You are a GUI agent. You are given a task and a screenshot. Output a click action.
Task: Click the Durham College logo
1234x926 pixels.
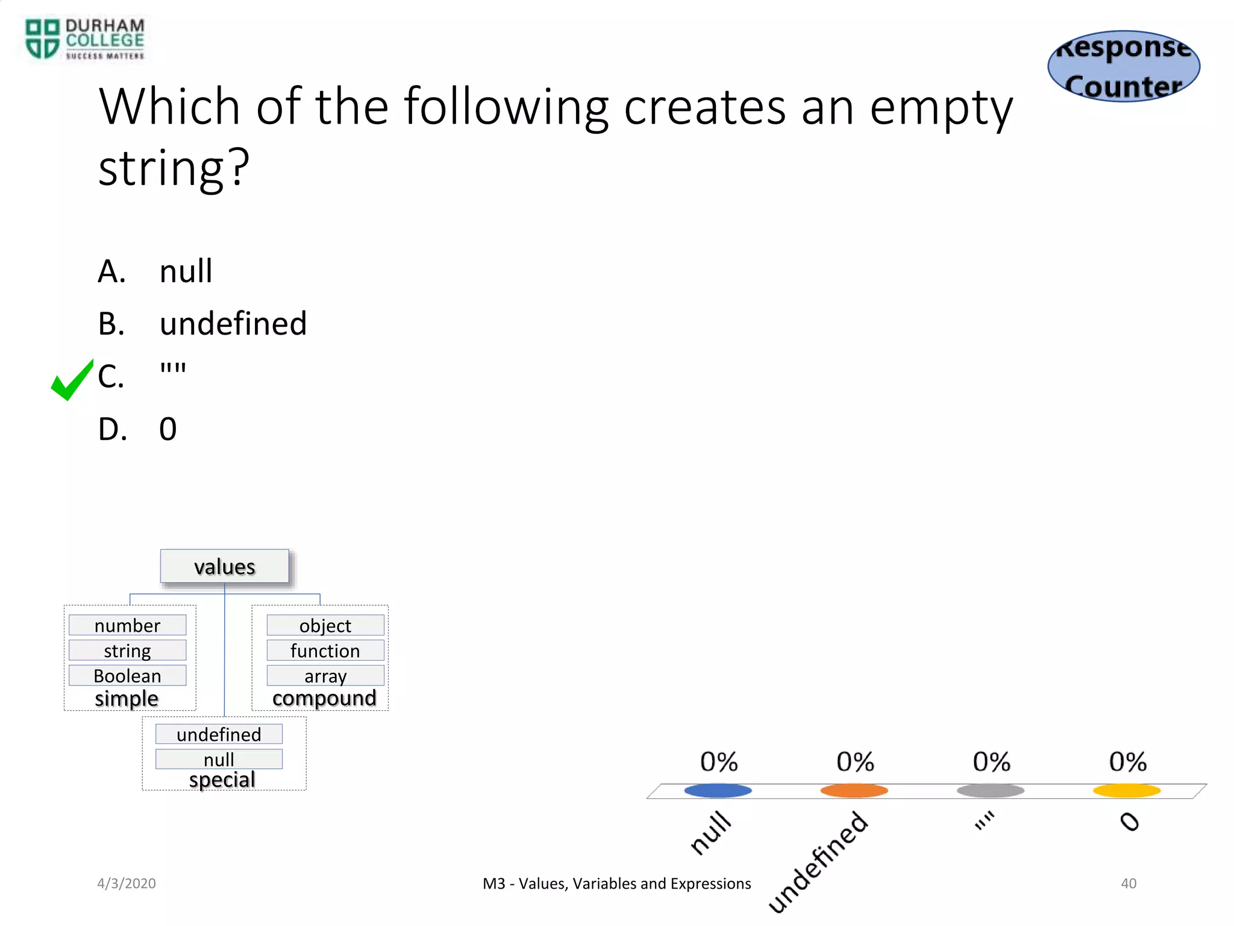pos(84,39)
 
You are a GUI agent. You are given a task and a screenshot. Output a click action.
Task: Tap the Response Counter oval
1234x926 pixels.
pos(1124,66)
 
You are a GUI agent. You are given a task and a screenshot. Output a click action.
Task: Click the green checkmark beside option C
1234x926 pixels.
pos(72,380)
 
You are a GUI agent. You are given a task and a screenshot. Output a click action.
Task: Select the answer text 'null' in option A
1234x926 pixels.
pos(186,271)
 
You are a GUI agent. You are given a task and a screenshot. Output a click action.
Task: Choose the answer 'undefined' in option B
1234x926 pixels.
pos(233,324)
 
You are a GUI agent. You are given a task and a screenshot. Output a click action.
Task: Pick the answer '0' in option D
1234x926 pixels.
pos(168,429)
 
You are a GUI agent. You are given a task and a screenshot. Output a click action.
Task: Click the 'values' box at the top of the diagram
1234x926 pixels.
pos(225,567)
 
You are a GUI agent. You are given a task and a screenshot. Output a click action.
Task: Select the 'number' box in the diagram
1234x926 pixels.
pos(127,625)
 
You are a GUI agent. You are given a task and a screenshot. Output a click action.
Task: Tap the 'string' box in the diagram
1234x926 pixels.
pos(127,650)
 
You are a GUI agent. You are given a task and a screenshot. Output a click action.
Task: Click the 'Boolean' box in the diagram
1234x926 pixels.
pos(127,676)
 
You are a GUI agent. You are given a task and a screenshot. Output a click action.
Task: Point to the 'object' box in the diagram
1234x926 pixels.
pos(325,625)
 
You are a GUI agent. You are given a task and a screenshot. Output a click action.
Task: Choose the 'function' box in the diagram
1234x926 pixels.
pos(325,650)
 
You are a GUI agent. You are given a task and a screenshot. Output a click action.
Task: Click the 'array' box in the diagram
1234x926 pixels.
pos(325,676)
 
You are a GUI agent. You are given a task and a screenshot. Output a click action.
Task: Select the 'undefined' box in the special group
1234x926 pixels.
pos(219,734)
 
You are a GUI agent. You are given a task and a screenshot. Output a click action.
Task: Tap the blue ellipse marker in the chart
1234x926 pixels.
pos(718,790)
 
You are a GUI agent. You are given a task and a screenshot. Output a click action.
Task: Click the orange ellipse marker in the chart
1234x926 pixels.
pos(854,790)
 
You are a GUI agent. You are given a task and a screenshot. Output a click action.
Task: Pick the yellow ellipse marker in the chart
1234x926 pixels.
pos(1127,790)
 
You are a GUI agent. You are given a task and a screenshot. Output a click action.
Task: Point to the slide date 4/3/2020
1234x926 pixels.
pos(127,883)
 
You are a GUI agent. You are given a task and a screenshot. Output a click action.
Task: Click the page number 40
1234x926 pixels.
pos(1129,883)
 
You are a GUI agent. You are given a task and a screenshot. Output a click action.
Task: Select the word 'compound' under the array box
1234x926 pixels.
pos(324,698)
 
